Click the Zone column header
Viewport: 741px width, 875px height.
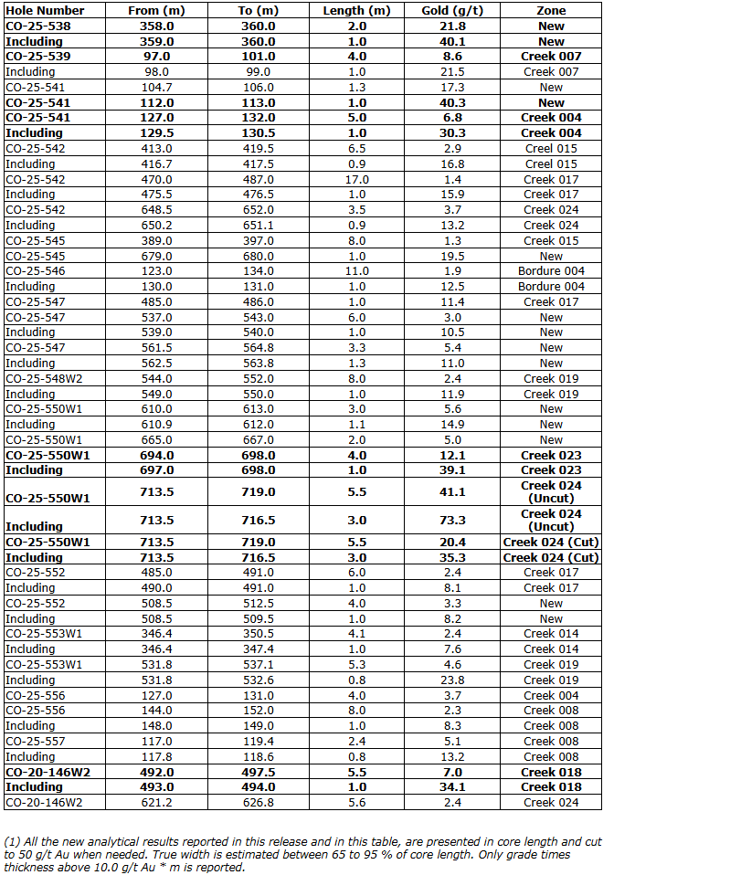point(551,11)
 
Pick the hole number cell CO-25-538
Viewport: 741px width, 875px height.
point(38,26)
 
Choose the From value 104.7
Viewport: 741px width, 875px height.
point(156,88)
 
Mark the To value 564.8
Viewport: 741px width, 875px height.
point(259,348)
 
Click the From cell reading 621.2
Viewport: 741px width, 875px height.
point(156,803)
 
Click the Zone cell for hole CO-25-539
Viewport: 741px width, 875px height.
point(551,57)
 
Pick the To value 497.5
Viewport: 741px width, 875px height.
point(259,773)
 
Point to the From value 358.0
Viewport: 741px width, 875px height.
point(156,26)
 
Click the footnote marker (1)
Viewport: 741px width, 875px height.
point(12,840)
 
